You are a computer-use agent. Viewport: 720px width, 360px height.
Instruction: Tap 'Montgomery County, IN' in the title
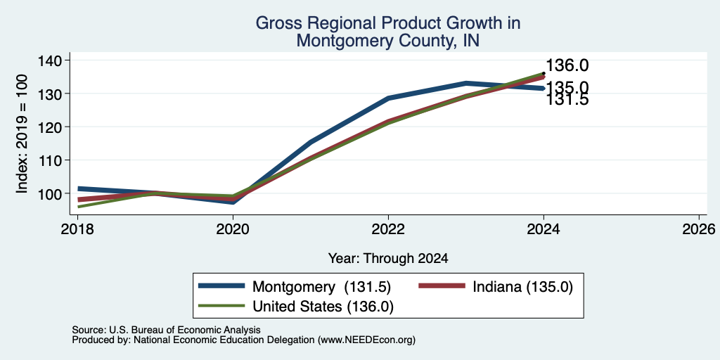coord(388,40)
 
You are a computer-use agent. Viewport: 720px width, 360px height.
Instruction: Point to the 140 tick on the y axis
coord(52,60)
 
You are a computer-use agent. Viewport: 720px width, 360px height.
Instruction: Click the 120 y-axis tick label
coord(52,127)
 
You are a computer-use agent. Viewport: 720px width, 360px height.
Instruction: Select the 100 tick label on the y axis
coord(52,193)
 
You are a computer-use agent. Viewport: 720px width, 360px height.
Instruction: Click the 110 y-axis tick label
coord(52,160)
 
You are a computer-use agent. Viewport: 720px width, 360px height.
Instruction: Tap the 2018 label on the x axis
coord(77,229)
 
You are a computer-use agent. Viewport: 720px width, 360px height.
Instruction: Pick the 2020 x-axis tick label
coord(233,229)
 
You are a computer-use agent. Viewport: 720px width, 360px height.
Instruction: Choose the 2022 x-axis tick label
coord(388,229)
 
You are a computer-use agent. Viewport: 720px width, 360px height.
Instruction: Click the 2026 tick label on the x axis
coord(699,229)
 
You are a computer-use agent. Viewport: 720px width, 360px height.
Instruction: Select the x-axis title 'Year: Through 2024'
coord(388,259)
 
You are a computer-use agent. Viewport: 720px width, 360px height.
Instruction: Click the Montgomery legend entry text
coord(321,287)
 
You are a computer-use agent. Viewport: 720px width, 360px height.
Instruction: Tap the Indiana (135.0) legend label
coord(522,287)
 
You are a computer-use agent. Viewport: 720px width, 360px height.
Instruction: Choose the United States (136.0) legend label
coord(323,307)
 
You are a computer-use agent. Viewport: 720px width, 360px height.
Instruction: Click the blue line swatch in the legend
coord(221,287)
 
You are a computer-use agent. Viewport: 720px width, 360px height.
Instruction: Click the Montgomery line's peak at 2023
coord(466,83)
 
